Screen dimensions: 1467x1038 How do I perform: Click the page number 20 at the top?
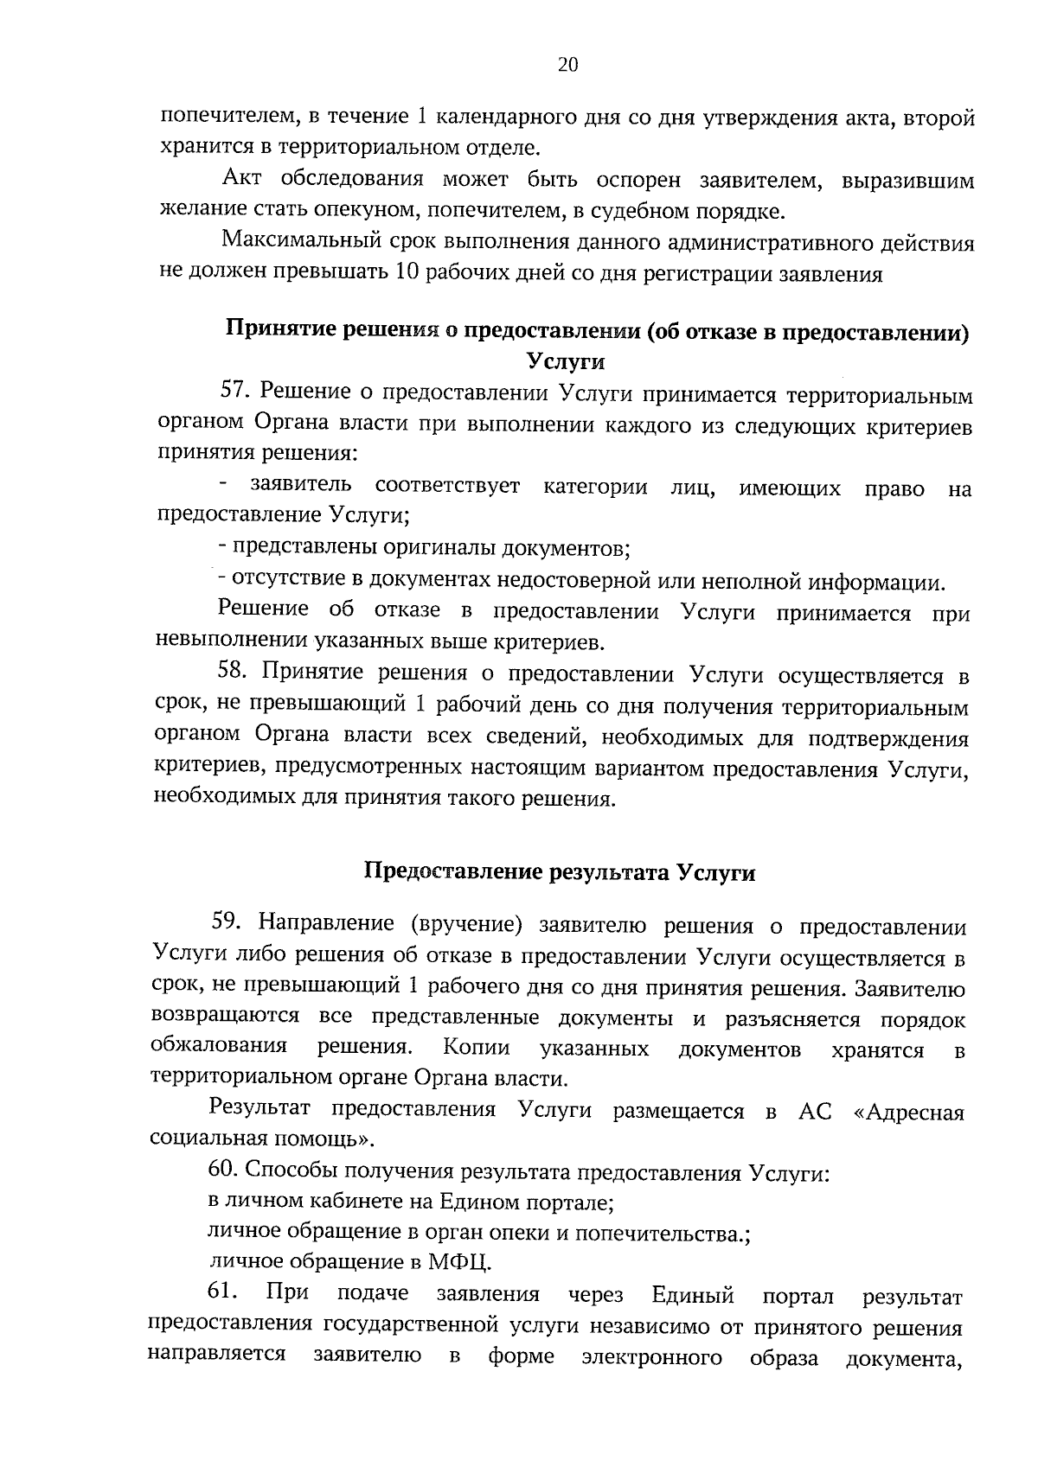pyautogui.click(x=567, y=66)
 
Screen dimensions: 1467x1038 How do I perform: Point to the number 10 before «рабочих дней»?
pyautogui.click(x=407, y=275)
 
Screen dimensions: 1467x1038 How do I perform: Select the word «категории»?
pyautogui.click(x=595, y=487)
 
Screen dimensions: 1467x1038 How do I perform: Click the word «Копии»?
pyautogui.click(x=476, y=1048)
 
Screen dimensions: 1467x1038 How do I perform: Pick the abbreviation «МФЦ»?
pyautogui.click(x=459, y=1262)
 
